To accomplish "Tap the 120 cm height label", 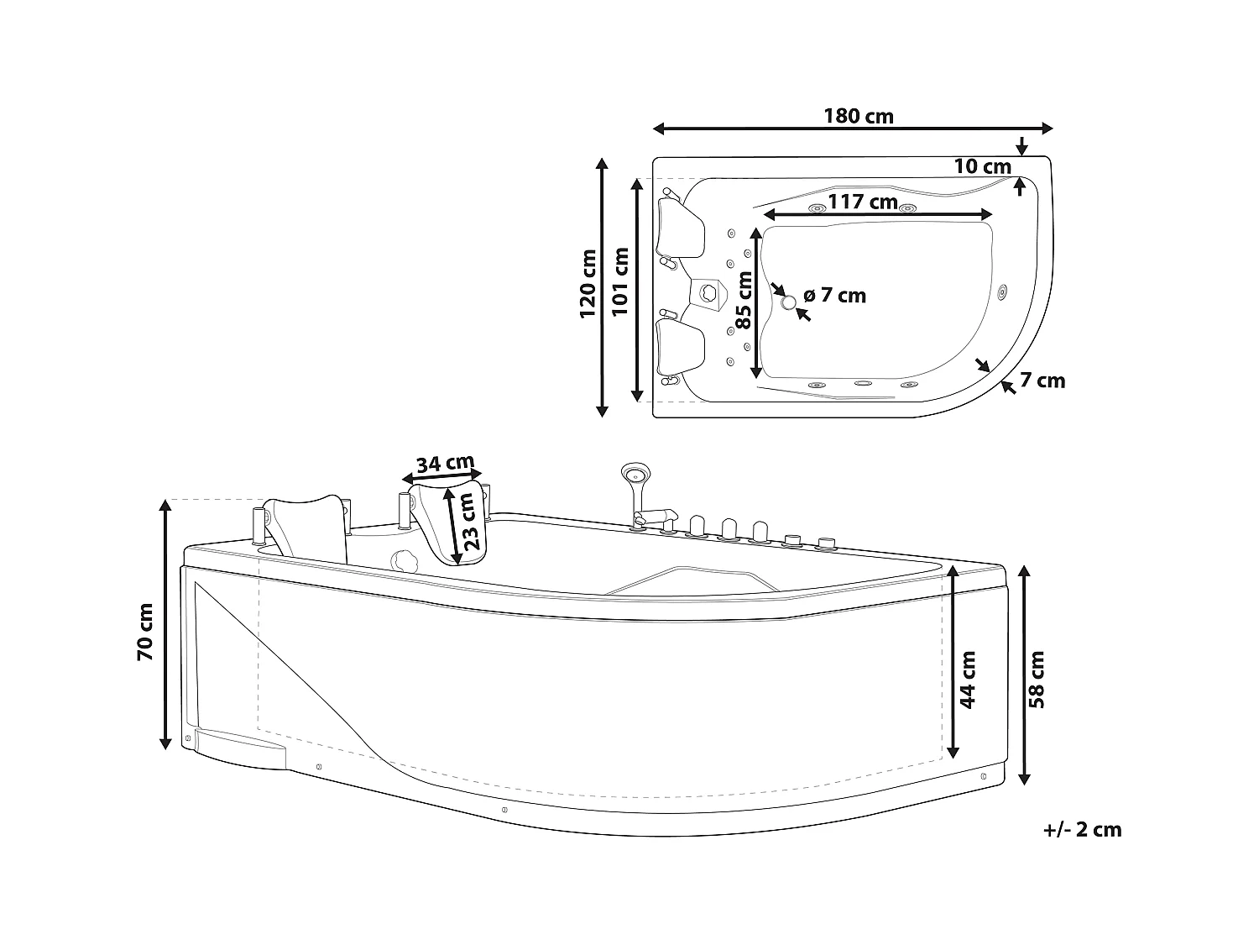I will coord(588,284).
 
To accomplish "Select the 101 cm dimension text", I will coord(622,281).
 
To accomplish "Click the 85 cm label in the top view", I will coord(744,301).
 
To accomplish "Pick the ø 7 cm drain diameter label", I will coord(834,296).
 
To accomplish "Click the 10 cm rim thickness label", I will coord(982,166).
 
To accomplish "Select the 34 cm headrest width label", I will coord(445,463).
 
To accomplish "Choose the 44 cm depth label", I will coord(968,679).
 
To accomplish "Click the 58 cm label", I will coord(1037,679).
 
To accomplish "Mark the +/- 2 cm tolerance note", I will coord(1082,830).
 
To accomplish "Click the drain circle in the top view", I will coord(788,302).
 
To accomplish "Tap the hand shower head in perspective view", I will coord(631,474).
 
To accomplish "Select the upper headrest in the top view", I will coord(679,227).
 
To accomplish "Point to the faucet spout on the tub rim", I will coord(658,515).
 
